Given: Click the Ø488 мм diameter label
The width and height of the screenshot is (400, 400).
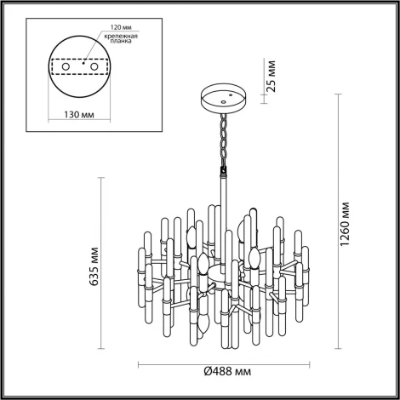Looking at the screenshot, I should click(226, 371).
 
